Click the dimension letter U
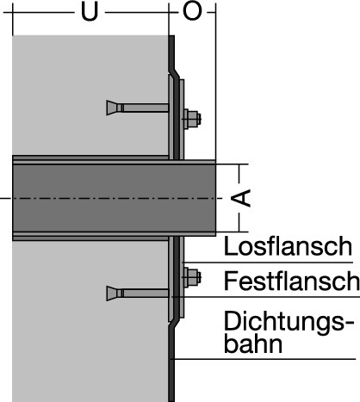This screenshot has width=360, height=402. [x=90, y=12]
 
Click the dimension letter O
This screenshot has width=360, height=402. [x=192, y=12]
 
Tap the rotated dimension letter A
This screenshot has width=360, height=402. [x=241, y=198]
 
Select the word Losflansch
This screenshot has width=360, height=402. [x=288, y=246]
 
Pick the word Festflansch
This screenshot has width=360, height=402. [x=291, y=281]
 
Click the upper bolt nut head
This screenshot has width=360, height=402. [x=192, y=119]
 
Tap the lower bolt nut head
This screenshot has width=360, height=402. [x=192, y=277]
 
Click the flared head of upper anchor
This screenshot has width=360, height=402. [x=112, y=108]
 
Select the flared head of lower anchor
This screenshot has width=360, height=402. [x=112, y=294]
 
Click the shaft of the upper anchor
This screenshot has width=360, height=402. [x=143, y=108]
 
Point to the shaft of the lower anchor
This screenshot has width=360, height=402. [x=143, y=294]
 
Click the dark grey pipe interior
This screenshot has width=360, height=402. [x=114, y=198]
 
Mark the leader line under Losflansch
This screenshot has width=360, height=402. [x=268, y=263]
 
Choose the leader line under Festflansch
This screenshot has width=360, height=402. [x=265, y=297]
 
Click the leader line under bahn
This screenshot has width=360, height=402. [x=263, y=359]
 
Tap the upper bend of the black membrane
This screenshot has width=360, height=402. [x=174, y=73]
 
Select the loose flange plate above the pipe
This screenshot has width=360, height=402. [x=182, y=119]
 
